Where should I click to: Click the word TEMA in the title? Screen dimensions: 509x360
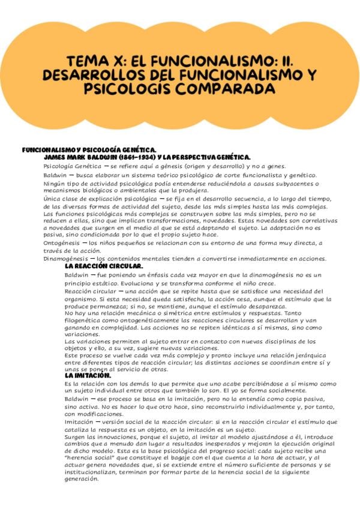tap(82, 61)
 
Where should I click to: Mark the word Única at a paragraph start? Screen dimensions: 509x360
tap(54, 198)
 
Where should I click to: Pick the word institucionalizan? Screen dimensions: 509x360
tap(92, 472)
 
